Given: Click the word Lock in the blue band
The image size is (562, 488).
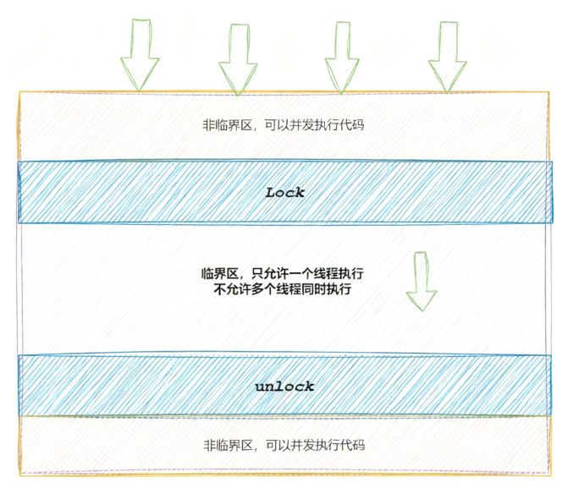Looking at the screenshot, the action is click(284, 192).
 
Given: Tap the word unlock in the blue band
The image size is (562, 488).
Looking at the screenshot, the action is click(284, 387).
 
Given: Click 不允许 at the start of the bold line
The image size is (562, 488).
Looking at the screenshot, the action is click(234, 289).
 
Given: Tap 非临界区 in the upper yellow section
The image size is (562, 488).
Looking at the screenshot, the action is click(227, 124).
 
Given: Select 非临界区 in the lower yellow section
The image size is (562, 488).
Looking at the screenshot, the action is click(227, 445).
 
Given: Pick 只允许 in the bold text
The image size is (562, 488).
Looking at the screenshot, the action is click(267, 274).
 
